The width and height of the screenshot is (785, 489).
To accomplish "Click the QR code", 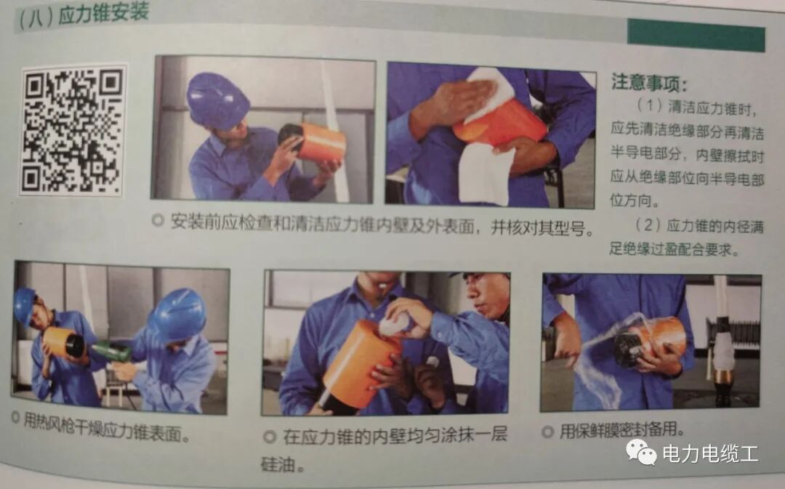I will [x=73, y=129].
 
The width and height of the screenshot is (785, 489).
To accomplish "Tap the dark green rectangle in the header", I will [x=696, y=34].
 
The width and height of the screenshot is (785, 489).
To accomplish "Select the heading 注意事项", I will [x=649, y=81].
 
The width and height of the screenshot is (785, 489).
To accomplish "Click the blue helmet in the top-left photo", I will [x=217, y=100].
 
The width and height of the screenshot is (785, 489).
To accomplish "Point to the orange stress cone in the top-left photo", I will [x=320, y=143].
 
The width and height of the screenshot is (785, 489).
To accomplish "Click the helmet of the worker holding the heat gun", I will [x=178, y=315].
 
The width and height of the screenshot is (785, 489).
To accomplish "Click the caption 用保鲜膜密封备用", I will [x=621, y=430].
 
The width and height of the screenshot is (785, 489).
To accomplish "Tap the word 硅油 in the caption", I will [x=279, y=464].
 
